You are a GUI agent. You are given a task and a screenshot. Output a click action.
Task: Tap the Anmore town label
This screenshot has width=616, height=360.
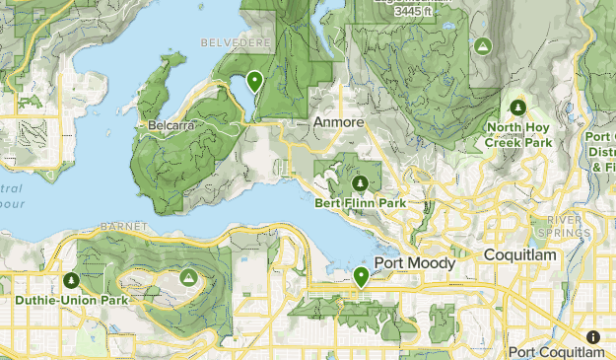[x=338, y=122]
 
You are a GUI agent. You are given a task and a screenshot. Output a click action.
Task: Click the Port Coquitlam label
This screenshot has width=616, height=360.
[x=556, y=352]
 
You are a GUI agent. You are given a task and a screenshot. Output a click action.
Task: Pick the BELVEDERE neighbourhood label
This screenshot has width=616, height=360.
[x=231, y=43]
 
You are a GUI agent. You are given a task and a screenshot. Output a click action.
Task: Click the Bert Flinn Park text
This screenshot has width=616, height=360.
[x=360, y=204]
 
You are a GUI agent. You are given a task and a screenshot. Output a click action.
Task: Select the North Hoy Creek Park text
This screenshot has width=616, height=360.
[x=518, y=135]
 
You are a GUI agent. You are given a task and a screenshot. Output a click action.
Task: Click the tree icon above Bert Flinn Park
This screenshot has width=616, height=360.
[x=360, y=183]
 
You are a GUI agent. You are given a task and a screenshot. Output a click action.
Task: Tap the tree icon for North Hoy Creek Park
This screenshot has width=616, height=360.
[x=518, y=107]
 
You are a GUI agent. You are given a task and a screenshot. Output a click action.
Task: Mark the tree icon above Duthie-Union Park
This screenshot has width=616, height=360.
[x=70, y=280]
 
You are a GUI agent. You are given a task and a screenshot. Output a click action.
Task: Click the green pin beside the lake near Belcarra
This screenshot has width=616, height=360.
[x=255, y=82]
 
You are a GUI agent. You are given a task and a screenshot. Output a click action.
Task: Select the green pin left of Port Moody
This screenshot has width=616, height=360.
[x=362, y=276]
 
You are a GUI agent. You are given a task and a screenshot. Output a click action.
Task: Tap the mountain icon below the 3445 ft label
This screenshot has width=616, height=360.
[x=483, y=46]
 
